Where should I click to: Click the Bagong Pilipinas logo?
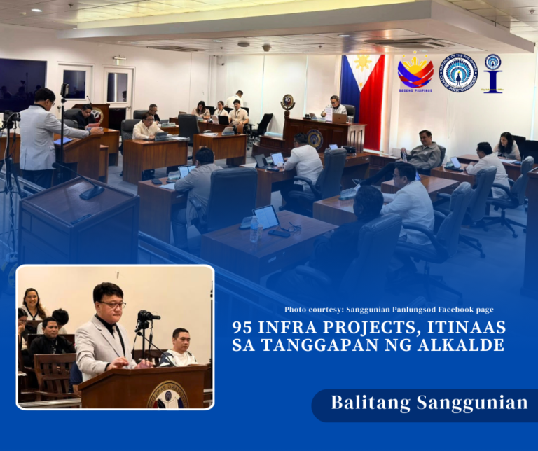[x=415, y=72]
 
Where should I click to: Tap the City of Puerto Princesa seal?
[x=458, y=73]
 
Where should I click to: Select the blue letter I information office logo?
[x=493, y=73]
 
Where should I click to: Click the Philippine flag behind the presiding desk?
[x=362, y=88]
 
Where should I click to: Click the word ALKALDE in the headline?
[x=466, y=345]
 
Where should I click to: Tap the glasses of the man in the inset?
[x=112, y=304]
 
